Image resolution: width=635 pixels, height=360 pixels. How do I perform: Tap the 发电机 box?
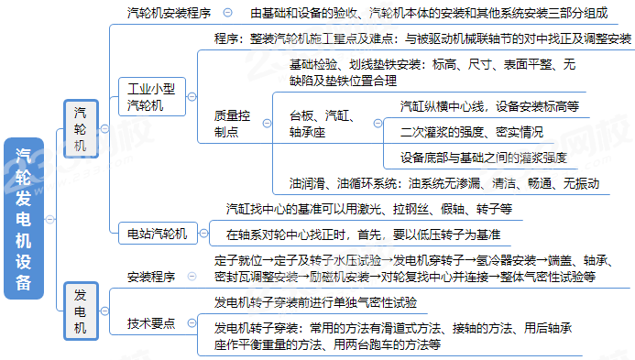[81, 310]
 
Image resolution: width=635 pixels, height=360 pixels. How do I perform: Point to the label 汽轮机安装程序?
[169, 14]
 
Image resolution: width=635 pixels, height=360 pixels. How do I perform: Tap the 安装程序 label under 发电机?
[151, 276]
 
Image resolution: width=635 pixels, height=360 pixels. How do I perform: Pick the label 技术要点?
[151, 323]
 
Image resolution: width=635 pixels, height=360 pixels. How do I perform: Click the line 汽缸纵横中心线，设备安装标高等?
[489, 106]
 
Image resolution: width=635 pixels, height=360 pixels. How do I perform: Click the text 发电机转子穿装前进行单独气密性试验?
[315, 301]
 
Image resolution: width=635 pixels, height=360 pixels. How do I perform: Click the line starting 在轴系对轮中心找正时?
[362, 234]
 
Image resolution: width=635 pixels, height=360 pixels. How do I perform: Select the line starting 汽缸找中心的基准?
[368, 209]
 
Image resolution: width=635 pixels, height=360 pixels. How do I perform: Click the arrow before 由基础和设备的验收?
[229, 14]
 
